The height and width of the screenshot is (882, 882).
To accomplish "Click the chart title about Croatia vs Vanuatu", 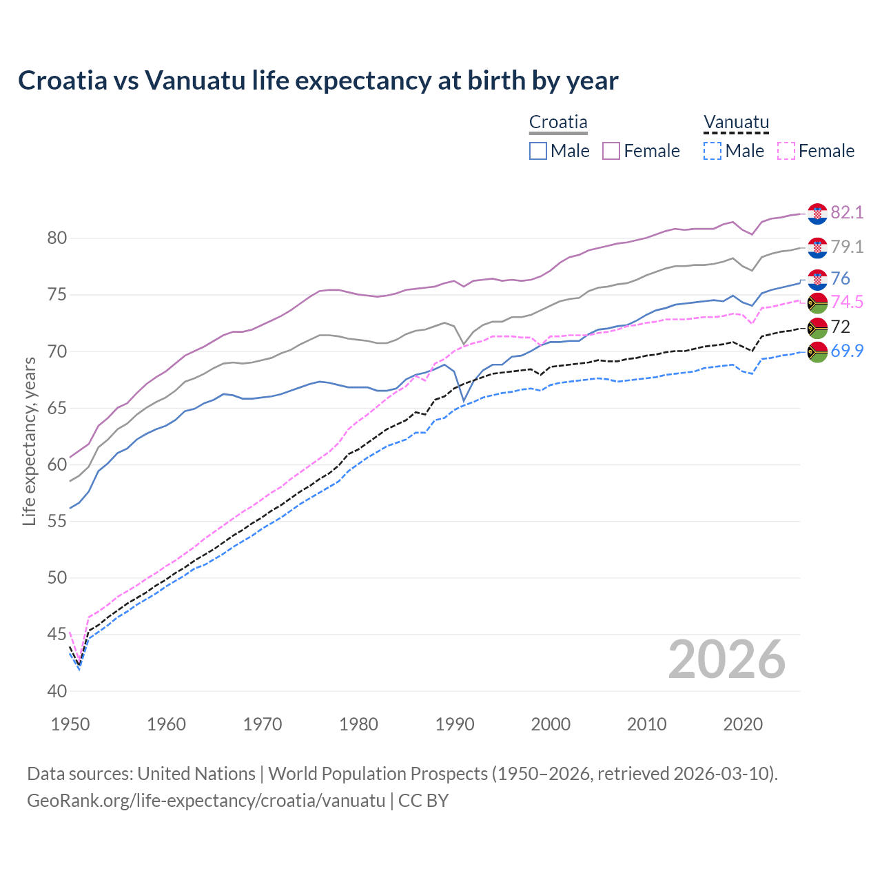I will (x=318, y=81).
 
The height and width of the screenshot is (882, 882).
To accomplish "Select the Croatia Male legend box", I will (x=538, y=151).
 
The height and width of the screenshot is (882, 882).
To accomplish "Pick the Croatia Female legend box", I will (x=612, y=151).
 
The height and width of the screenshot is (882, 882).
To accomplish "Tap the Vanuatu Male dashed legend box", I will (x=712, y=151).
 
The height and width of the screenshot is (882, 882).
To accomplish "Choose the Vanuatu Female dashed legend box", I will (x=786, y=151).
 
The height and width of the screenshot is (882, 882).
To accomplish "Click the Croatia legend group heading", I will (x=558, y=123).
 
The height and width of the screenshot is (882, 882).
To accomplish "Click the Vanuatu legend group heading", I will (x=736, y=123).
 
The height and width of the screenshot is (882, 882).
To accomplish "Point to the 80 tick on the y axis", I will (x=57, y=238).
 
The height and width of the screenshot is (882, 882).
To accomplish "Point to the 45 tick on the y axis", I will (x=57, y=634).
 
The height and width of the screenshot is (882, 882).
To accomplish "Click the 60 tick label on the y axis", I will (x=57, y=464).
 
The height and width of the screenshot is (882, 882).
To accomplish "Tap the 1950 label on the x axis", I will (x=70, y=724).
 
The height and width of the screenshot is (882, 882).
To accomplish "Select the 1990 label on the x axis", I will (x=455, y=724).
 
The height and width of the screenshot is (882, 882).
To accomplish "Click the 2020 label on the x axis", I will (x=743, y=724).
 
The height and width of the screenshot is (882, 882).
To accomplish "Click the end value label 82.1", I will (x=847, y=212).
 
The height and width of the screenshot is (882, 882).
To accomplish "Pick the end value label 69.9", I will (x=847, y=351).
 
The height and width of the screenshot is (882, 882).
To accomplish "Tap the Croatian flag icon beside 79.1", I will (x=817, y=247).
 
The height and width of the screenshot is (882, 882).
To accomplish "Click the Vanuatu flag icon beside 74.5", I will (x=817, y=302).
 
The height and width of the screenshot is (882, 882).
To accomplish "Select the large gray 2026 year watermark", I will (x=727, y=659).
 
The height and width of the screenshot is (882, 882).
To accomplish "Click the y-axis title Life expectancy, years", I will (x=29, y=441).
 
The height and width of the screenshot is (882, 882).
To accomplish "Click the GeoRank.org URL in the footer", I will (x=206, y=801).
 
